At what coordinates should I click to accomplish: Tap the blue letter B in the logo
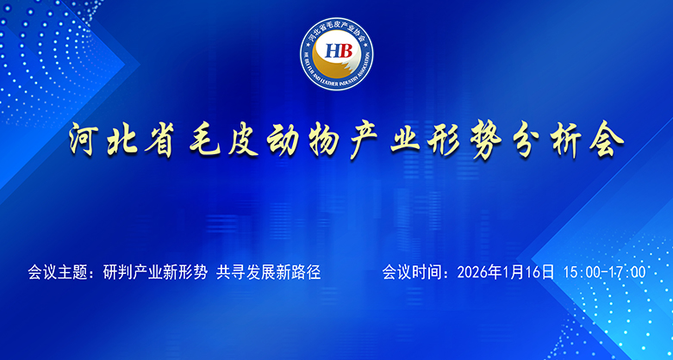point(344,49)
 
